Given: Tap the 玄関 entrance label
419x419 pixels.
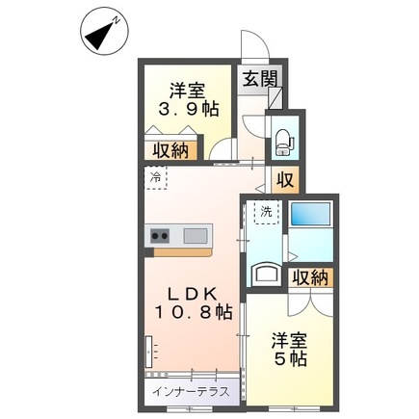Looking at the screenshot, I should pyautogui.click(x=258, y=81).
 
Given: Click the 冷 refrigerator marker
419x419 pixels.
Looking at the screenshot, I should pyautogui.click(x=155, y=177).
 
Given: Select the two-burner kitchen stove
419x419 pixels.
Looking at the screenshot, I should pyautogui.click(x=160, y=235).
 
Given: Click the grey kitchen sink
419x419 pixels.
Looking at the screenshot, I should pyautogui.click(x=195, y=235).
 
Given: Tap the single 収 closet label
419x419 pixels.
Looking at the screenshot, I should pyautogui.click(x=285, y=179).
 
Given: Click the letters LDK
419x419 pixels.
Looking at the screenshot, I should pyautogui.click(x=190, y=292).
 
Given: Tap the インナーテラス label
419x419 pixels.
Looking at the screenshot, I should pyautogui.click(x=190, y=392).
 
